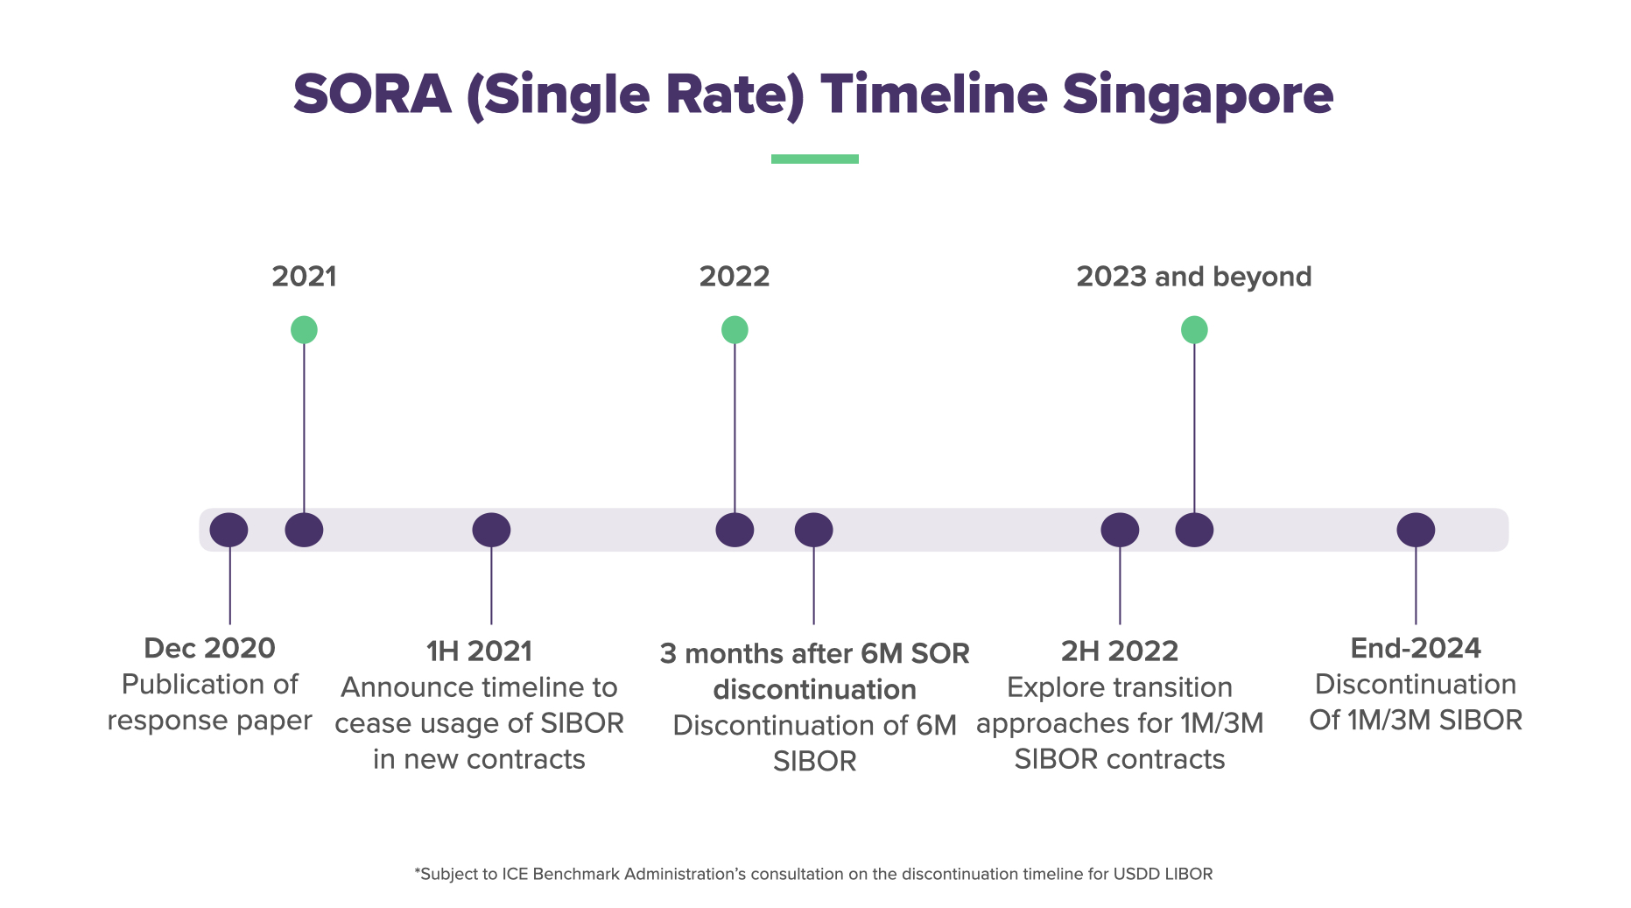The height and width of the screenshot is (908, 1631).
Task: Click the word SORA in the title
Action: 372,95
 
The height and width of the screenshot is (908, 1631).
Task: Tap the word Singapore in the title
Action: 1197,95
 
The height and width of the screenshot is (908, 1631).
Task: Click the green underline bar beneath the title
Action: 814,158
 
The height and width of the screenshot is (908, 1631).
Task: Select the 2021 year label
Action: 304,277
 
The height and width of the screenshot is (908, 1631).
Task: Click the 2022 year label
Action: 734,277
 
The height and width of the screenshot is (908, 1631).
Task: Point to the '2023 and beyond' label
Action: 1193,277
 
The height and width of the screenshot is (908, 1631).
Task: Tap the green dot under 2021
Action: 304,330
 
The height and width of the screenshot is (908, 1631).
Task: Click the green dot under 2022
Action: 735,330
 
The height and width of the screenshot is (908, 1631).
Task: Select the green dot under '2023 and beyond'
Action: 1194,330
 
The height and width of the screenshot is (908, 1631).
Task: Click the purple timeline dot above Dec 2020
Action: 228,530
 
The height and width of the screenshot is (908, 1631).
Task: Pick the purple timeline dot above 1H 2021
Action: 491,530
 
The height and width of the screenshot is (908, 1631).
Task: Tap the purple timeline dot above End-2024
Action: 1416,530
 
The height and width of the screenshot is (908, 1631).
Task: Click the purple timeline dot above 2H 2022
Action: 1120,530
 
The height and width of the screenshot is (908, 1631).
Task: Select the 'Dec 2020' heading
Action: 209,648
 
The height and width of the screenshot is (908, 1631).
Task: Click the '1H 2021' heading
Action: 479,651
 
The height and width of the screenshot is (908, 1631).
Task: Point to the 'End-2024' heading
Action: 1416,648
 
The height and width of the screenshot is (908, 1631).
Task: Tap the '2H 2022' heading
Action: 1120,651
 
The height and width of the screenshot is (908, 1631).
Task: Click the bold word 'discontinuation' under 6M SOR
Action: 814,690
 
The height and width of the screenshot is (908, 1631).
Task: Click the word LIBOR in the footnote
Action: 1188,874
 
